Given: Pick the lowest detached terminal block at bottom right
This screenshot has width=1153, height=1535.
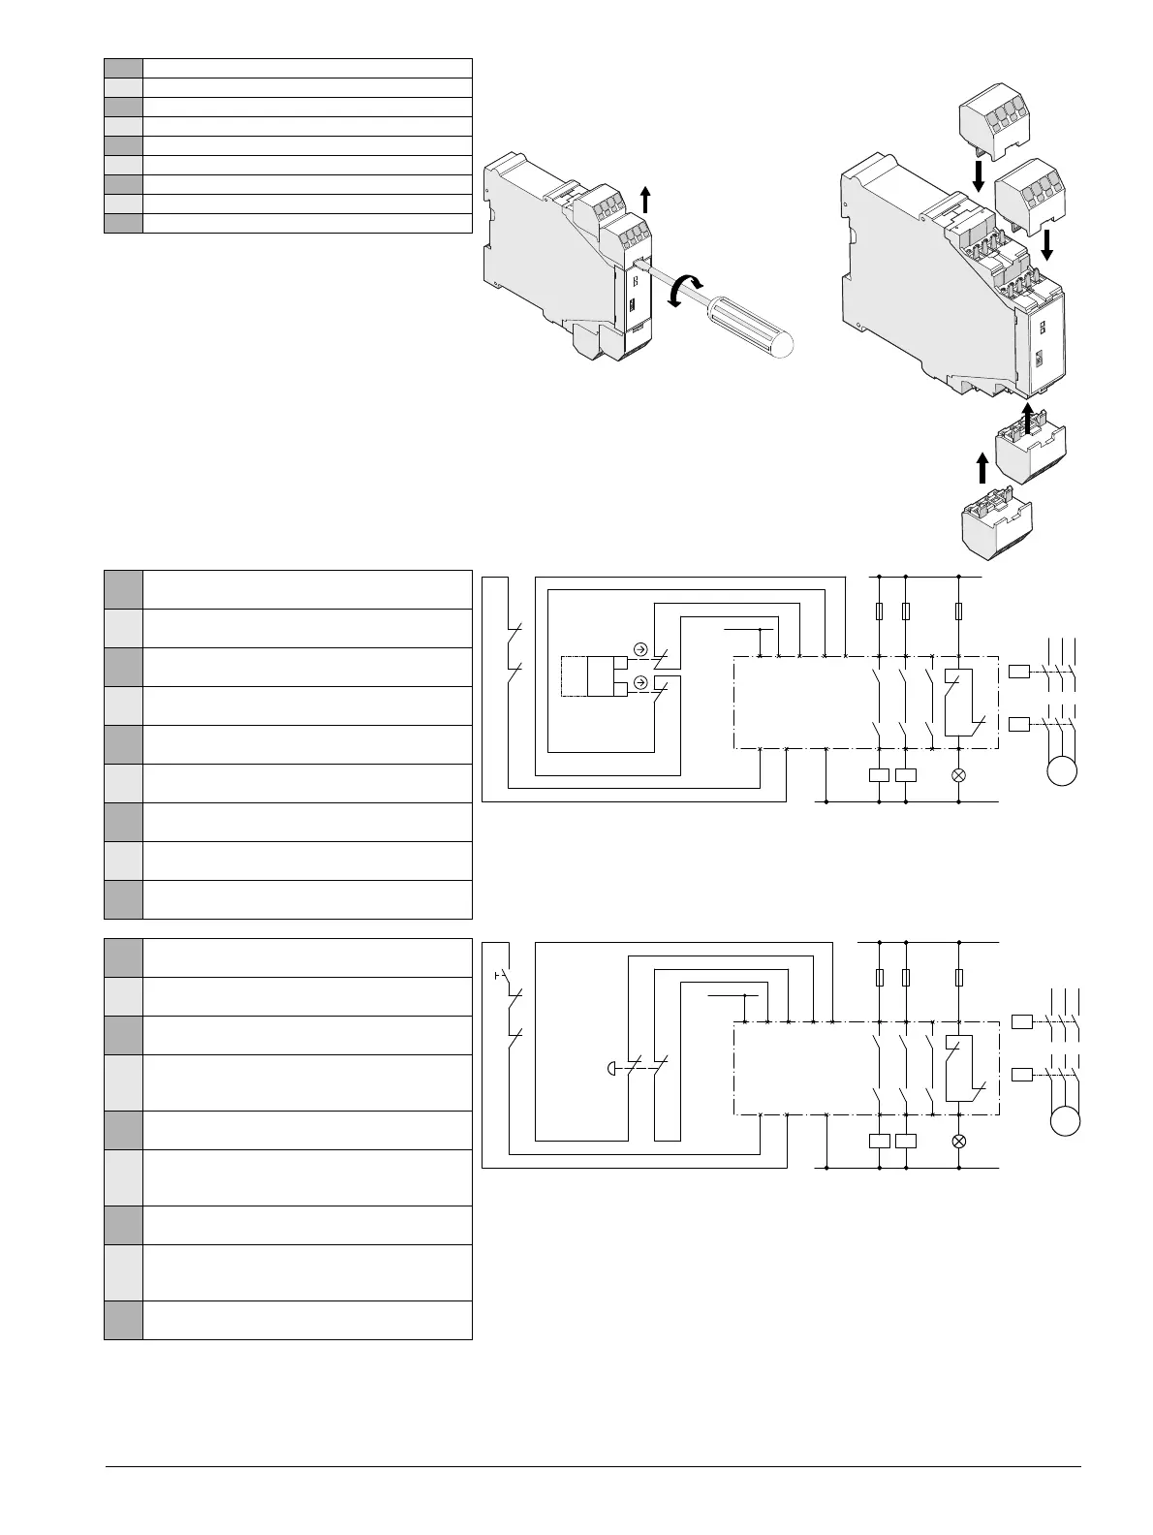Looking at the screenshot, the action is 996,526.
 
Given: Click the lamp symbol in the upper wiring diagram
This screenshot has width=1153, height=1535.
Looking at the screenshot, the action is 959,775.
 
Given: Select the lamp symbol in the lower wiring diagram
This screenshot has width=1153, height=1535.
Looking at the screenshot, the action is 959,1141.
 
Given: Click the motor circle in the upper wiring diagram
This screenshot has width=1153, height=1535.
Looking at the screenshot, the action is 1063,772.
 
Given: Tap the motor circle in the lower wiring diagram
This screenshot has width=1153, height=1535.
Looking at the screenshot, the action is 1065,1121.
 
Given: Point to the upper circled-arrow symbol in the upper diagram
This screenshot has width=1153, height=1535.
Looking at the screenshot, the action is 639,649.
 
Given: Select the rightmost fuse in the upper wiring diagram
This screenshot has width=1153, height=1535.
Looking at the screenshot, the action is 959,611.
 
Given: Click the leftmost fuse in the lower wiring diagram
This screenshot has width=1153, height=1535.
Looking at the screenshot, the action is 879,977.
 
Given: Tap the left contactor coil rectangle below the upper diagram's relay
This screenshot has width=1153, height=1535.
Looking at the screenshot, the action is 879,775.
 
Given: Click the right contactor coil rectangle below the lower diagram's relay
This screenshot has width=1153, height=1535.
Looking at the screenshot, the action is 906,1141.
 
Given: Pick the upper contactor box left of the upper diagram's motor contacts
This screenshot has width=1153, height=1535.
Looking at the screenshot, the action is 1020,671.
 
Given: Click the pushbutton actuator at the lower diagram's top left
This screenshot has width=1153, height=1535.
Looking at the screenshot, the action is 498,973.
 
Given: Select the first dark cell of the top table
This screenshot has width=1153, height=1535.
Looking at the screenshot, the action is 123,68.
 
